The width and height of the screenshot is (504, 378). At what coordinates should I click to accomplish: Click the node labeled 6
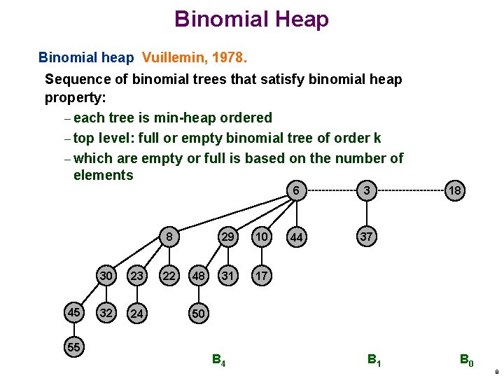(x=297, y=190)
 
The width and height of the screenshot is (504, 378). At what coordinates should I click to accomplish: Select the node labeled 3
(x=366, y=190)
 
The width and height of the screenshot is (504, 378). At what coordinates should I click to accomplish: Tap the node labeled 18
(x=455, y=190)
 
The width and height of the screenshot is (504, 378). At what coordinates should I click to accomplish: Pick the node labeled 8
(x=169, y=237)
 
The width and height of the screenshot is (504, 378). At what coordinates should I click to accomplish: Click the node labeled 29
(x=227, y=237)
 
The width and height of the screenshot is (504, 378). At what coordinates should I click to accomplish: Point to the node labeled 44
(x=297, y=238)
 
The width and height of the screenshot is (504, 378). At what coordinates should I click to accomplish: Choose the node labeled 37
(x=366, y=237)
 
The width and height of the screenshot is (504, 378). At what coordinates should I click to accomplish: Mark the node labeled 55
(x=73, y=347)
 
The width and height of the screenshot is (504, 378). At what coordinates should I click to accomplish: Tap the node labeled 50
(x=198, y=314)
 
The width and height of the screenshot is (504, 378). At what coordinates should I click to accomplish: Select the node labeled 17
(x=261, y=276)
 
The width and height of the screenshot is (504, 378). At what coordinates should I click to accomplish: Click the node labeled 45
(x=73, y=312)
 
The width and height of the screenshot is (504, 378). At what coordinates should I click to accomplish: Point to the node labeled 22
(x=169, y=276)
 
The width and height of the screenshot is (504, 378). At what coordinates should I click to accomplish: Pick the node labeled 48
(x=199, y=276)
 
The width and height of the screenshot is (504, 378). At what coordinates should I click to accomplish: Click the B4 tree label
(x=218, y=360)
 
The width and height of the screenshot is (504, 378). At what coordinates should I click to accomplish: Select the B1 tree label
(x=374, y=360)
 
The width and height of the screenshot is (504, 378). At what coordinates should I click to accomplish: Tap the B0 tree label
(x=466, y=360)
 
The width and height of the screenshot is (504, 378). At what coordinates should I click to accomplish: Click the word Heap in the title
(x=302, y=19)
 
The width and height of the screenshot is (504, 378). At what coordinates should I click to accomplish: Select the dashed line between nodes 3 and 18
(x=410, y=190)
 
